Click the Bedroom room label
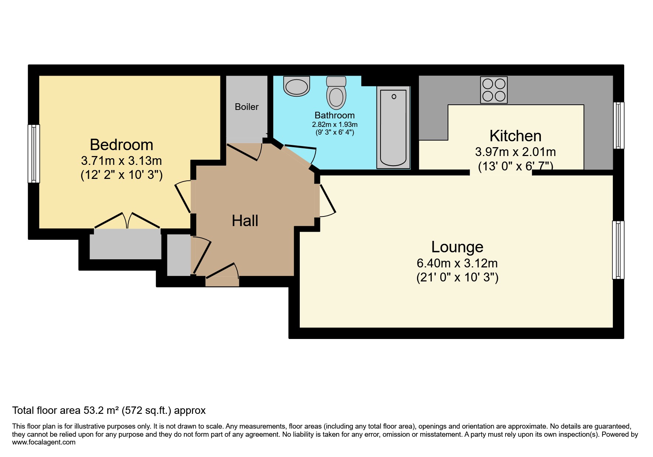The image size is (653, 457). [121, 145]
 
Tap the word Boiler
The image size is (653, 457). [247, 107]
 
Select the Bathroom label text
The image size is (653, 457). [334, 115]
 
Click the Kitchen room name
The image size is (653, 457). [515, 136]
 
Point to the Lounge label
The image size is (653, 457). [457, 247]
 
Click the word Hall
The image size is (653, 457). [245, 221]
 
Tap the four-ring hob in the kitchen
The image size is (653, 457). [494, 90]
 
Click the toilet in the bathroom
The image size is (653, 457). [336, 94]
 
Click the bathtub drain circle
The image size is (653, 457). [394, 97]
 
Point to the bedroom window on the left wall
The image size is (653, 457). [34, 153]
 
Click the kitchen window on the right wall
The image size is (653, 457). [619, 125]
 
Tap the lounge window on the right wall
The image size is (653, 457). [618, 250]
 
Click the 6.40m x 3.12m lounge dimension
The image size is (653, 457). [457, 263]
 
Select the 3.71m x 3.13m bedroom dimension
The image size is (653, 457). [121, 161]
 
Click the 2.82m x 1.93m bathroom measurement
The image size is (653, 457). [334, 125]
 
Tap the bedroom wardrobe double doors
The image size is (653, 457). [127, 221]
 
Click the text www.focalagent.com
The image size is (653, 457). [44, 442]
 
